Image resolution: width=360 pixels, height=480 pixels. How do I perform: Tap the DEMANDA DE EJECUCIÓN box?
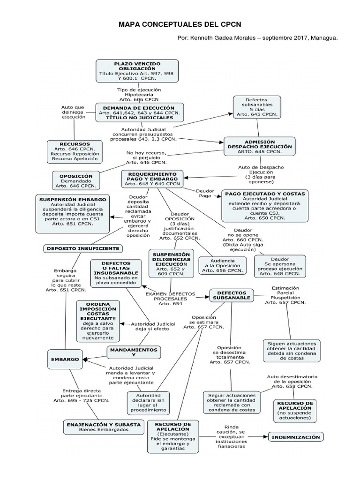[140, 112]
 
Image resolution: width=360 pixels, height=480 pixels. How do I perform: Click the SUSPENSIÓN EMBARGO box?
[73, 211]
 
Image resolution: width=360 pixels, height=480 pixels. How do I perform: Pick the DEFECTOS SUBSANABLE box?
[231, 295]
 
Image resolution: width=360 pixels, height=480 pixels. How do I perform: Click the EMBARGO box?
[65, 359]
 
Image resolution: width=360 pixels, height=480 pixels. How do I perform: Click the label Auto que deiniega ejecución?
[73, 112]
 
